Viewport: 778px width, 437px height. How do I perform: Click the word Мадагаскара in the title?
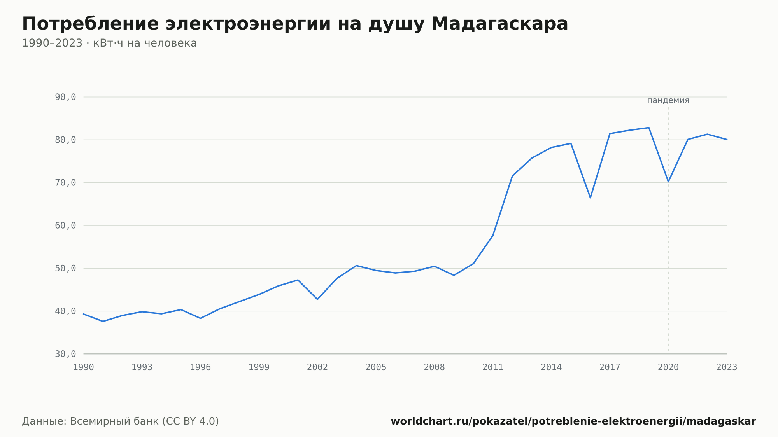click(499, 24)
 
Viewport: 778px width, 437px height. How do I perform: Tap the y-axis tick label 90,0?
click(65, 97)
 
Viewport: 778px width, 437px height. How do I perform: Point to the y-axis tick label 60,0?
click(65, 225)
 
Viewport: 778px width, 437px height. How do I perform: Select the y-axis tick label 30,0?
click(65, 354)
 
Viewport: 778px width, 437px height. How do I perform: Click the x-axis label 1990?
click(84, 367)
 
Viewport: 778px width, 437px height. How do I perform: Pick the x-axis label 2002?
click(317, 367)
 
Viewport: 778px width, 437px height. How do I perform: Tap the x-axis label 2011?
click(493, 367)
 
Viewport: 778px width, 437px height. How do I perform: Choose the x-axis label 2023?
click(727, 367)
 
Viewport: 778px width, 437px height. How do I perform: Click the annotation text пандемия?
click(668, 100)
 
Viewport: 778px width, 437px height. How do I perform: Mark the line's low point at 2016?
click(590, 198)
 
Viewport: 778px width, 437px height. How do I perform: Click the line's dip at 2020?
click(668, 182)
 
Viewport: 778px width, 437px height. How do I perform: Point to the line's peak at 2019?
click(649, 128)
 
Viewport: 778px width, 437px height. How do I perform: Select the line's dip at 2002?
click(317, 299)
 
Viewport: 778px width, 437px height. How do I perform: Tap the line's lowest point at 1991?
click(103, 322)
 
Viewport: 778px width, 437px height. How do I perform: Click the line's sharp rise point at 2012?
click(512, 176)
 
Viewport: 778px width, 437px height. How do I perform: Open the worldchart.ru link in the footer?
click(573, 421)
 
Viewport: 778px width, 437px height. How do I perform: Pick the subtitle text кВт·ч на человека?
click(145, 43)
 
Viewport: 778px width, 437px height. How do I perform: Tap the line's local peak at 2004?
click(356, 266)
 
